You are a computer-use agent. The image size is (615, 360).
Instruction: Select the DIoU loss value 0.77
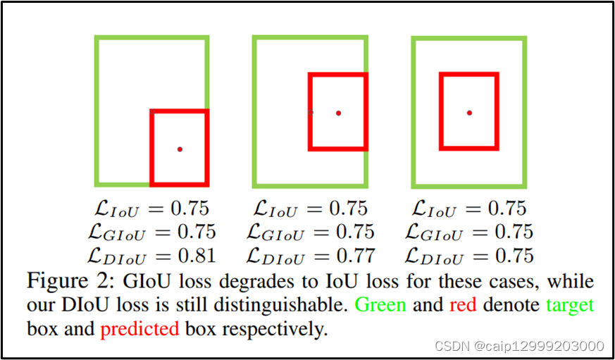[x=354, y=255]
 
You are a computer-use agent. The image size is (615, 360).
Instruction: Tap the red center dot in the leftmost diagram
[x=180, y=149]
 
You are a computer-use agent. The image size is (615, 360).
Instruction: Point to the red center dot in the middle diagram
[x=338, y=113]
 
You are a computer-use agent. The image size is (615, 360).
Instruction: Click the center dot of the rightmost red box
[x=469, y=112]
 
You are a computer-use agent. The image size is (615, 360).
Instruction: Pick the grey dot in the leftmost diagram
[x=151, y=111]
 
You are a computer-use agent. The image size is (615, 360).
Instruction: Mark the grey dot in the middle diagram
[x=311, y=112]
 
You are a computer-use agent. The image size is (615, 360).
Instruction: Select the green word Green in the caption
[x=380, y=306]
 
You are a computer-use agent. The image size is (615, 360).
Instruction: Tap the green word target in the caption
[x=569, y=306]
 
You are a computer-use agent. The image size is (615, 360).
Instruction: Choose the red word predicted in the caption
[x=139, y=329]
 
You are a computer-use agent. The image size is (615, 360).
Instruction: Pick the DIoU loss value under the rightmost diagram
[x=513, y=255]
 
